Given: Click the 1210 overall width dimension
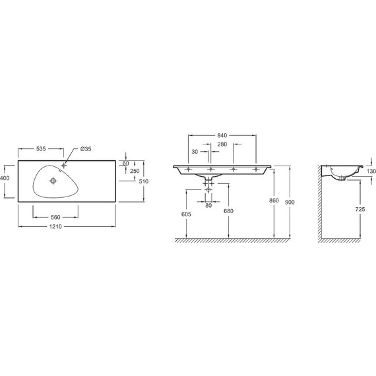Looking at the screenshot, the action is pos(55,226).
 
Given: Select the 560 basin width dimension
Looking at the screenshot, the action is pos(55,217).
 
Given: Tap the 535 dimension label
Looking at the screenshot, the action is pos(41,148).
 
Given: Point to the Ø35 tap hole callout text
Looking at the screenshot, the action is pos(86,148).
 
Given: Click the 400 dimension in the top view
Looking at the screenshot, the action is pos(5,178).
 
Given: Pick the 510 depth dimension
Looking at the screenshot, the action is pos(144,181).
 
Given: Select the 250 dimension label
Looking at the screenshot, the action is pos(135,171).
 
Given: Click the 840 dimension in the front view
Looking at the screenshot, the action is pos(222,135).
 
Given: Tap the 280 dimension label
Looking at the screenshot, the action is pos(222,144).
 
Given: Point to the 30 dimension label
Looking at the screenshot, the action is pos(195,152).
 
